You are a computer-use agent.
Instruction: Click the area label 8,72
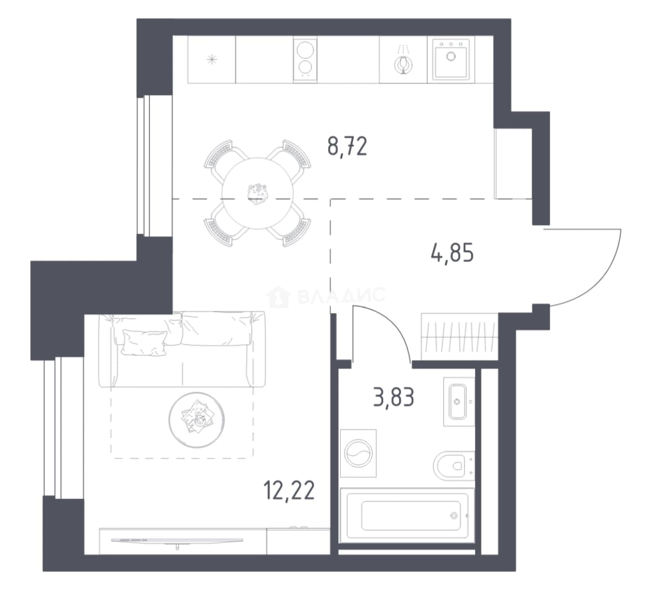coord(347,146)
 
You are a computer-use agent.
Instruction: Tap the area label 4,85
coord(452,253)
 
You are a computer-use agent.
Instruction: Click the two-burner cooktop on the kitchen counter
coord(305,59)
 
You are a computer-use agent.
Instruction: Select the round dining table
coord(257,193)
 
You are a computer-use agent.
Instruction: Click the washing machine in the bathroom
coord(358,453)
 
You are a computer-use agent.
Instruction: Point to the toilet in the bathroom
coord(453,465)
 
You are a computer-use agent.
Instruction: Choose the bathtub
coord(407,516)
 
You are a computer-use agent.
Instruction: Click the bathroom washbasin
coord(459,402)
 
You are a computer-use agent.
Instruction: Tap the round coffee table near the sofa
coord(197,420)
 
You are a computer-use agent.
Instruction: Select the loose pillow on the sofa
coord(144,343)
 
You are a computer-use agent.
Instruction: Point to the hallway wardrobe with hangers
coord(459,336)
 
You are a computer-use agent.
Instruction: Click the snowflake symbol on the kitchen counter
coord(212,60)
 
